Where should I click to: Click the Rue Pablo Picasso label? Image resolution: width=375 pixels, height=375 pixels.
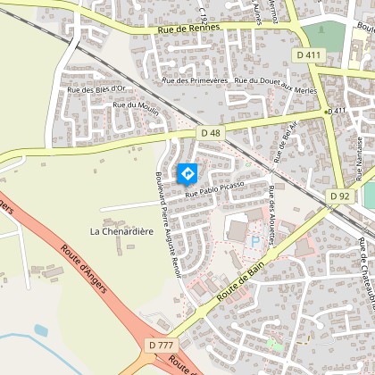click(x=214, y=191)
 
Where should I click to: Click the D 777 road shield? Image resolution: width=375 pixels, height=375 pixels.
click(x=162, y=345)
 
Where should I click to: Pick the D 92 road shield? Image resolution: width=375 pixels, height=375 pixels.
click(x=339, y=196)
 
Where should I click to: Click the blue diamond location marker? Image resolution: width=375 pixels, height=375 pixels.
click(x=187, y=173)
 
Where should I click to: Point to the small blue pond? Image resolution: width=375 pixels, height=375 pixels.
click(x=41, y=330)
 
